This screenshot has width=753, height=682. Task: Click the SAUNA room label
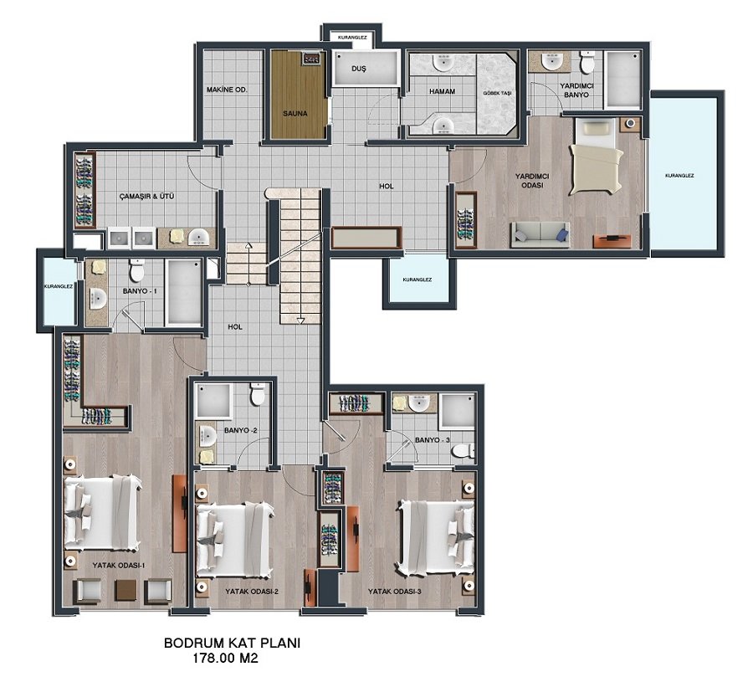point(295,114)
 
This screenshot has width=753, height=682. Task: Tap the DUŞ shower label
point(358,69)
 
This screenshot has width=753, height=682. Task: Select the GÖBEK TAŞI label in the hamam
point(500,93)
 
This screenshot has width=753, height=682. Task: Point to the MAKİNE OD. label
point(227,90)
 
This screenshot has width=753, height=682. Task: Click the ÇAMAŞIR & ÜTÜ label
point(146,196)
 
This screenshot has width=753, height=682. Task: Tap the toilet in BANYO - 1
point(137,270)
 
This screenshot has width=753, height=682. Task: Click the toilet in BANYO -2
point(258,393)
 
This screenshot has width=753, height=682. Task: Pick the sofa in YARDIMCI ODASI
point(540,235)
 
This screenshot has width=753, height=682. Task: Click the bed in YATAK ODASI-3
point(436,537)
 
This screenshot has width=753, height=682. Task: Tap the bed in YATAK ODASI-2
point(235,540)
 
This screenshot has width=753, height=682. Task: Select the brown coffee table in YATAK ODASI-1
point(126,590)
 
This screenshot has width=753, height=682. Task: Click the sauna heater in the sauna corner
point(311,58)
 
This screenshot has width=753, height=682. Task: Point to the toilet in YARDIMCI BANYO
point(587,62)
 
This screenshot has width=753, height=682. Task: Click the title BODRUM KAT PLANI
point(232,644)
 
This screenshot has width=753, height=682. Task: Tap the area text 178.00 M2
point(225,658)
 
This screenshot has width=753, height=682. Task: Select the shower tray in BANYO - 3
point(458,411)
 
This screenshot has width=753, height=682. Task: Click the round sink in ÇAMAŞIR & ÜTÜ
point(197,237)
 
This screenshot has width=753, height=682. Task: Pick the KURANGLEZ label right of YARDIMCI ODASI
point(679,176)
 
